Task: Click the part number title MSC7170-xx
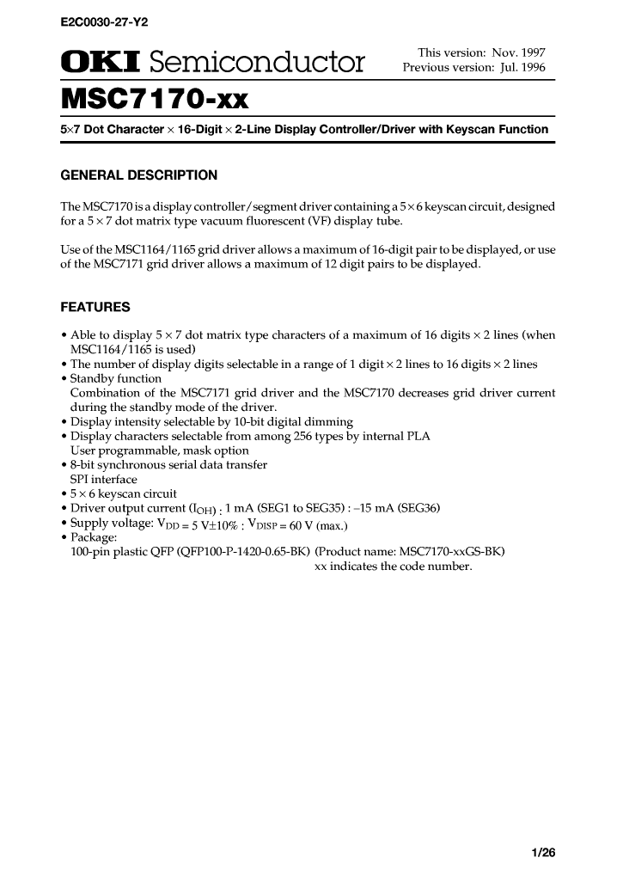[x=155, y=101]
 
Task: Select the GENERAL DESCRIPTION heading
[x=138, y=176]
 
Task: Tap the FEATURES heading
[x=95, y=307]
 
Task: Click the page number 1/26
[x=544, y=853]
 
